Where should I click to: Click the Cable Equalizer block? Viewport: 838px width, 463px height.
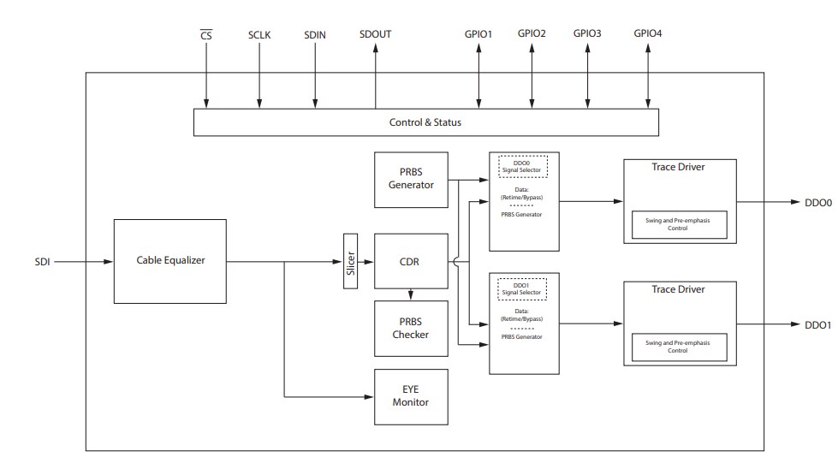tap(170, 260)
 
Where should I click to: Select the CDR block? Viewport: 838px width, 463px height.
tap(411, 261)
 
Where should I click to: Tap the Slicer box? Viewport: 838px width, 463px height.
tap(349, 261)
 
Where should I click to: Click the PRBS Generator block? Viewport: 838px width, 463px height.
tap(411, 179)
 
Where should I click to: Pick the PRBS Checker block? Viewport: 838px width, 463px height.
tap(411, 328)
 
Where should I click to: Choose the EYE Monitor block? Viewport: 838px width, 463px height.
tap(411, 396)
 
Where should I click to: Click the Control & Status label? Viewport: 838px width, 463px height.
tap(425, 122)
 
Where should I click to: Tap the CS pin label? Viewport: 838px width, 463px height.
tap(205, 35)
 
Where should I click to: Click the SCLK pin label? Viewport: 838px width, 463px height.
tap(259, 35)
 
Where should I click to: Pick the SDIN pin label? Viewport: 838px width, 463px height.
tap(315, 35)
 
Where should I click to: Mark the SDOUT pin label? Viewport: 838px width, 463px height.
tap(375, 35)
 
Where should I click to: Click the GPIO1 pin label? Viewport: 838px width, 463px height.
tap(478, 34)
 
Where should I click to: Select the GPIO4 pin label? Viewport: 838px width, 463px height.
tap(647, 34)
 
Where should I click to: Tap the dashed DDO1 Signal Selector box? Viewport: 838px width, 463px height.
tap(522, 288)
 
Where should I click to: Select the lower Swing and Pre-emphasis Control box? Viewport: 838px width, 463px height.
tap(679, 347)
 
